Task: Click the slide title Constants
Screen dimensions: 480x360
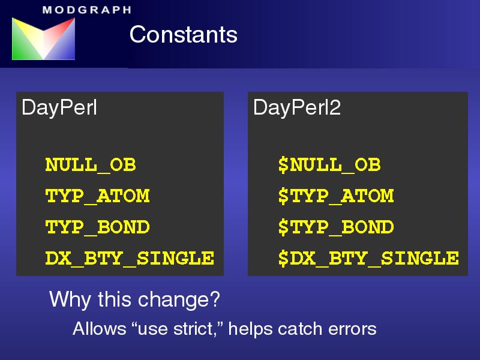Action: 184,34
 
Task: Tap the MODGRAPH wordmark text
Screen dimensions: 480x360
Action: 87,10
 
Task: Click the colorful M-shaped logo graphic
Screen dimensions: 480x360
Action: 43,38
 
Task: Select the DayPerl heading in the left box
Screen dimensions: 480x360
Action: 59,108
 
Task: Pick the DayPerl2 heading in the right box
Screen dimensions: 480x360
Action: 297,108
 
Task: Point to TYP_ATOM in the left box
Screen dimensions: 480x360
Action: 97,197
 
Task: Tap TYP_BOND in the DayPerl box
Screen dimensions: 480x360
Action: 97,227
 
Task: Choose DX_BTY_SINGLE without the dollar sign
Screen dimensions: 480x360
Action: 130,259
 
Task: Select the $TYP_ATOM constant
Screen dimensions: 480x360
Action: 336,197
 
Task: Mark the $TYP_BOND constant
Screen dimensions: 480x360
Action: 336,227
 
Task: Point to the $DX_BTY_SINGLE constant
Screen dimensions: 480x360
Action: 368,259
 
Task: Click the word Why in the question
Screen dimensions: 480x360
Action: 70,299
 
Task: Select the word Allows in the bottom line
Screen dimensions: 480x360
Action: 100,329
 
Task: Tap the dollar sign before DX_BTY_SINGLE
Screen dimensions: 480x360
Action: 283,259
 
